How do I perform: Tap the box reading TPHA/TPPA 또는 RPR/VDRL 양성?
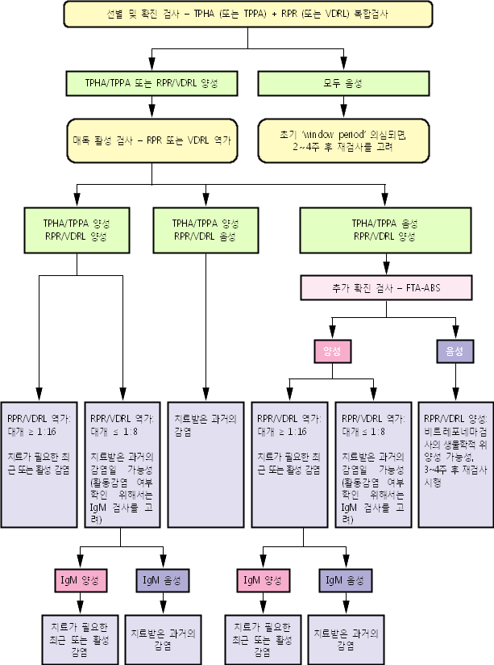[151, 83]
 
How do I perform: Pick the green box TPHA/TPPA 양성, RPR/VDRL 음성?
[205, 229]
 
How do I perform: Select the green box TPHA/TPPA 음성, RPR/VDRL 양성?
[383, 229]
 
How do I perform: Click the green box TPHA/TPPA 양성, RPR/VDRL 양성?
[76, 229]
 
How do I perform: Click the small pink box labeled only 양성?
[330, 351]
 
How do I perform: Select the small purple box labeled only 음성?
[454, 351]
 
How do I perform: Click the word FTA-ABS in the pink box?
[423, 286]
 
